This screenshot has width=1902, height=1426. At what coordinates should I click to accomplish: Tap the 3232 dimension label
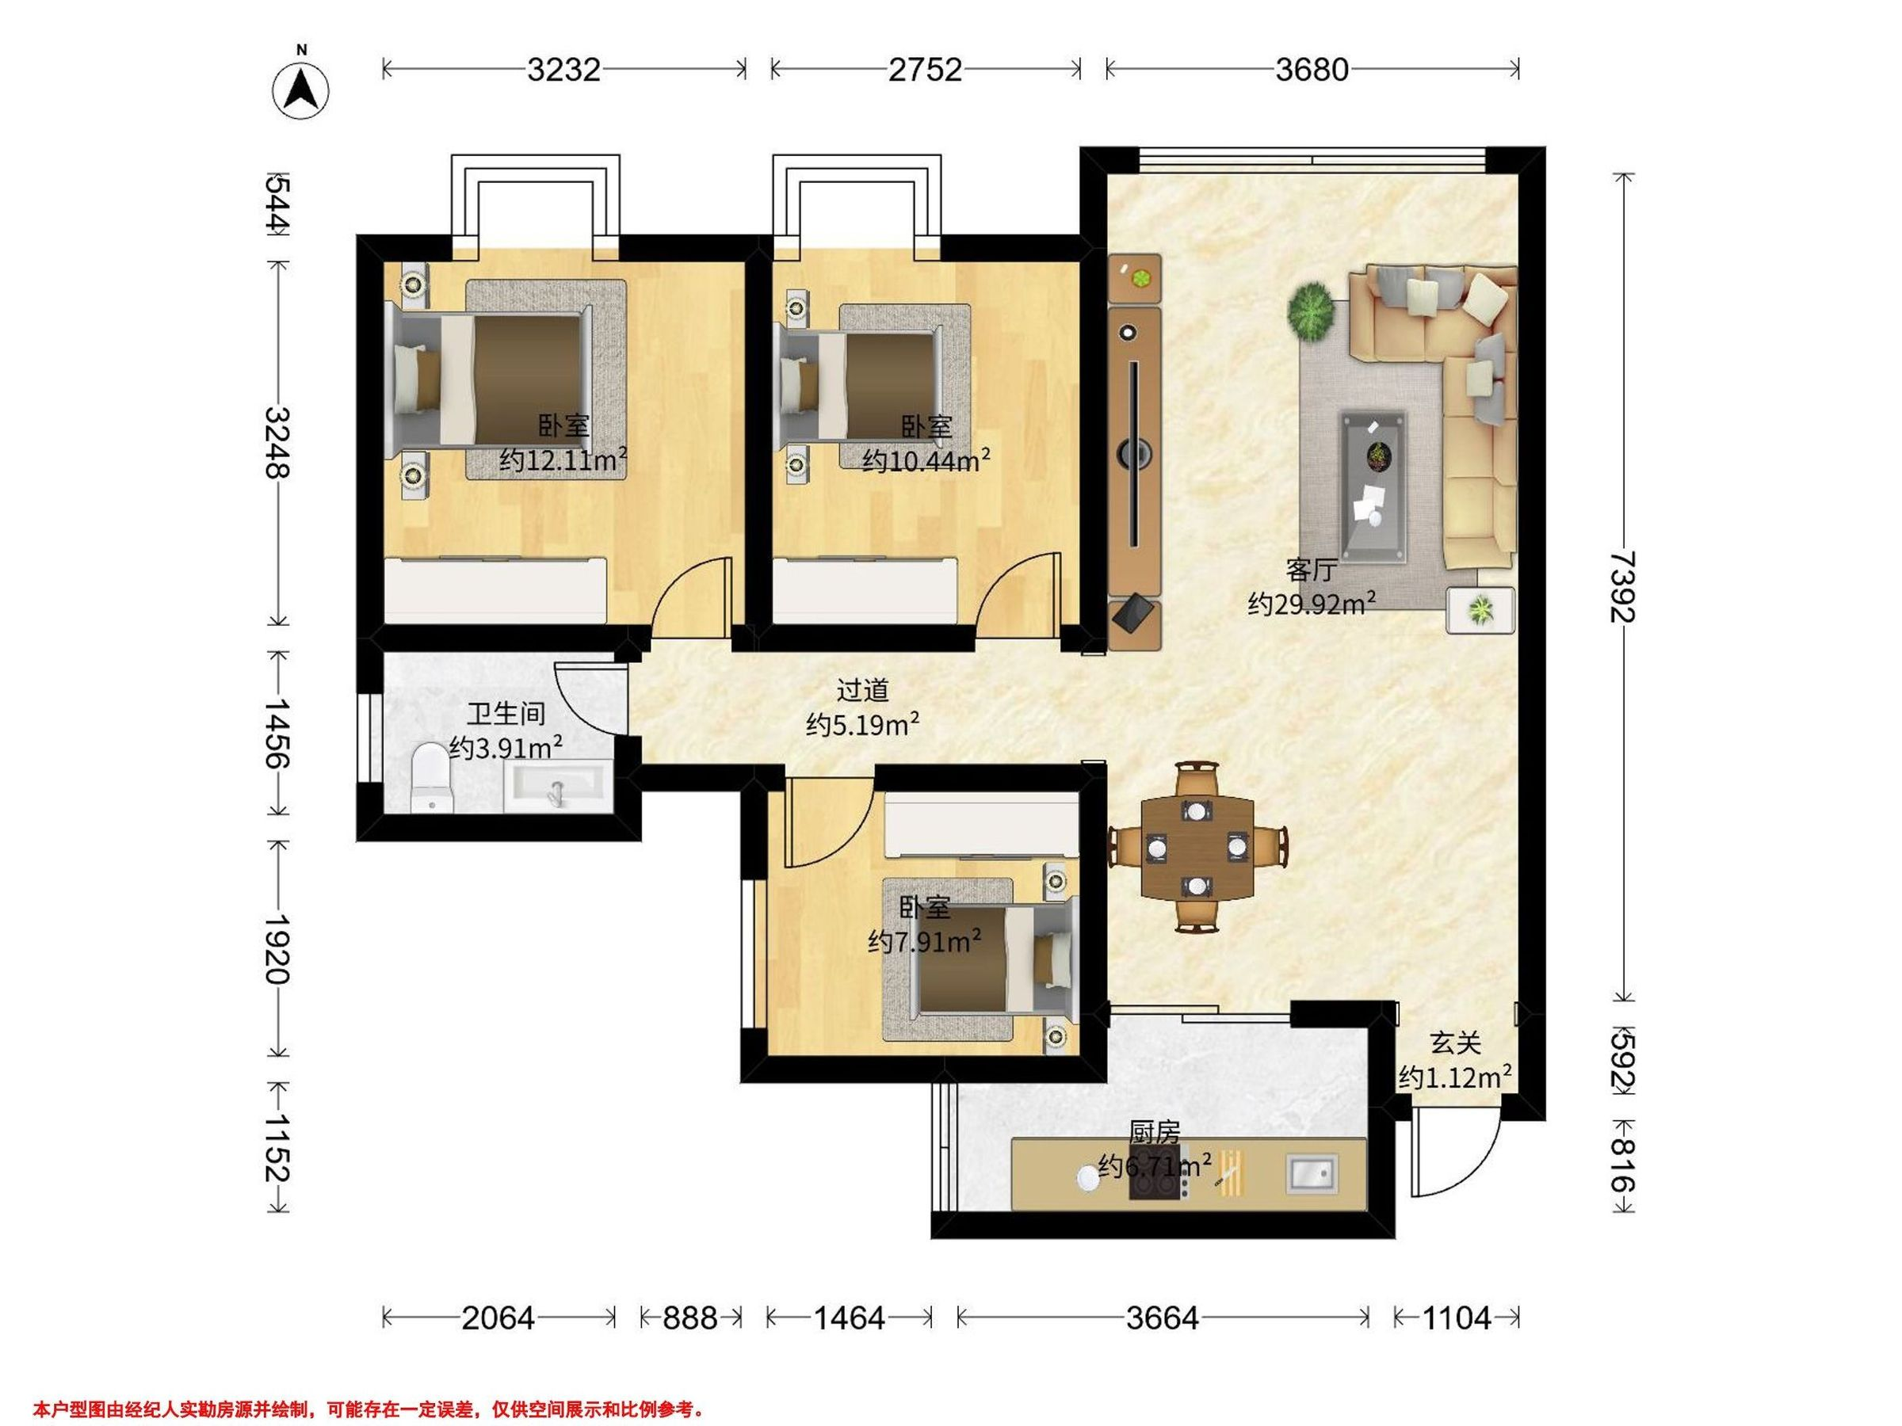tap(563, 70)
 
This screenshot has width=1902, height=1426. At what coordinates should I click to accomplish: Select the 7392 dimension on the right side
tap(1623, 587)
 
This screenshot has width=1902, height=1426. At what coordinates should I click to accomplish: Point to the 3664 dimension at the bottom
tap(1163, 1317)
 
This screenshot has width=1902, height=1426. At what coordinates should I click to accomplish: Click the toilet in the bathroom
tap(431, 778)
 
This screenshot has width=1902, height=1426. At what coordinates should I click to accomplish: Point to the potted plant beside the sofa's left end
tap(1312, 312)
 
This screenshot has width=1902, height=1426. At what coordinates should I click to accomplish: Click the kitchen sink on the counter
tap(1312, 1174)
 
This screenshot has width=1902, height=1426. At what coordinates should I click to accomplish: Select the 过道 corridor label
tap(862, 690)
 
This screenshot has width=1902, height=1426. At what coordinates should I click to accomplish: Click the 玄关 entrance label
tap(1455, 1043)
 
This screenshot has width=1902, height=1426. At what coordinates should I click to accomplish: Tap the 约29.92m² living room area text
tap(1312, 603)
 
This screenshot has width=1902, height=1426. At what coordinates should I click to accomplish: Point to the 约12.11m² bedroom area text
tap(563, 459)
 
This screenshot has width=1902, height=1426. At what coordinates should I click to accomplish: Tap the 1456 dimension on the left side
tap(277, 733)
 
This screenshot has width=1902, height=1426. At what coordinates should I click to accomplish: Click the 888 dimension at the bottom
tap(690, 1317)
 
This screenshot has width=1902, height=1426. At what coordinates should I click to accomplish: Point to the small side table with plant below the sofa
tap(1480, 609)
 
